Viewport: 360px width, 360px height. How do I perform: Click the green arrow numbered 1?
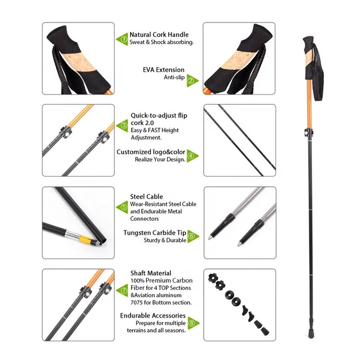coord(122,39)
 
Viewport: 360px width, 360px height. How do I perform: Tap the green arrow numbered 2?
coord(192,81)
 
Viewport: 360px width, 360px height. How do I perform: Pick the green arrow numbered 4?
coord(192,156)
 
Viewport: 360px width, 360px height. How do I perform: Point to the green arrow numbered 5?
coord(123,207)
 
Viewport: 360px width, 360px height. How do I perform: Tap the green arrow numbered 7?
coord(123,290)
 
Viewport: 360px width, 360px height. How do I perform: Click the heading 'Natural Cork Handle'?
coord(159,35)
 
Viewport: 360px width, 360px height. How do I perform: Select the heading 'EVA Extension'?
coord(163,70)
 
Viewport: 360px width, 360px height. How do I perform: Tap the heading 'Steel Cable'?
coord(146,196)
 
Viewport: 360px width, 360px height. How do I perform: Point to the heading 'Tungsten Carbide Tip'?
coord(155,232)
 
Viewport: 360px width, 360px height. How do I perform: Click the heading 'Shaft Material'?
coord(151,273)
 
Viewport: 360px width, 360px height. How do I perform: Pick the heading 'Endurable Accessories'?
coord(153,315)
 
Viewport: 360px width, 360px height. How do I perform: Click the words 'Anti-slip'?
coord(174,77)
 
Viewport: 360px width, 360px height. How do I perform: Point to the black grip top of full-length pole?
coord(309,43)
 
